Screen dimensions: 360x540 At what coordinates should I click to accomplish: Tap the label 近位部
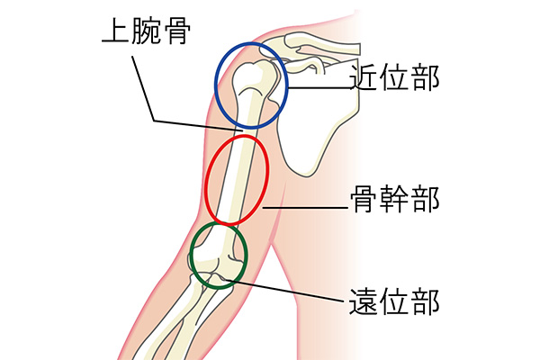394,79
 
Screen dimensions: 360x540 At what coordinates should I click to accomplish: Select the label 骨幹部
394,199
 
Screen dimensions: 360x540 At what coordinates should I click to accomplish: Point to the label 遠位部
394,301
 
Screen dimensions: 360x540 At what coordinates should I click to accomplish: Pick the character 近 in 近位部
364,79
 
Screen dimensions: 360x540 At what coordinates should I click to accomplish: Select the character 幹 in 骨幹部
394,199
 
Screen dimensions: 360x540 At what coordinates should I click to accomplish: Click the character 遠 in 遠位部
364,301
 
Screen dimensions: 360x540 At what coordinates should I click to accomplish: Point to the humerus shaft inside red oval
236,180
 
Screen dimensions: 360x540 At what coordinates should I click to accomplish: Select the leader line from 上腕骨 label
144,90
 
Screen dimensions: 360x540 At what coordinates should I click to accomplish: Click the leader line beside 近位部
319,87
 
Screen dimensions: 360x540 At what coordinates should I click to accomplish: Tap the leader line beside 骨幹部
306,208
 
